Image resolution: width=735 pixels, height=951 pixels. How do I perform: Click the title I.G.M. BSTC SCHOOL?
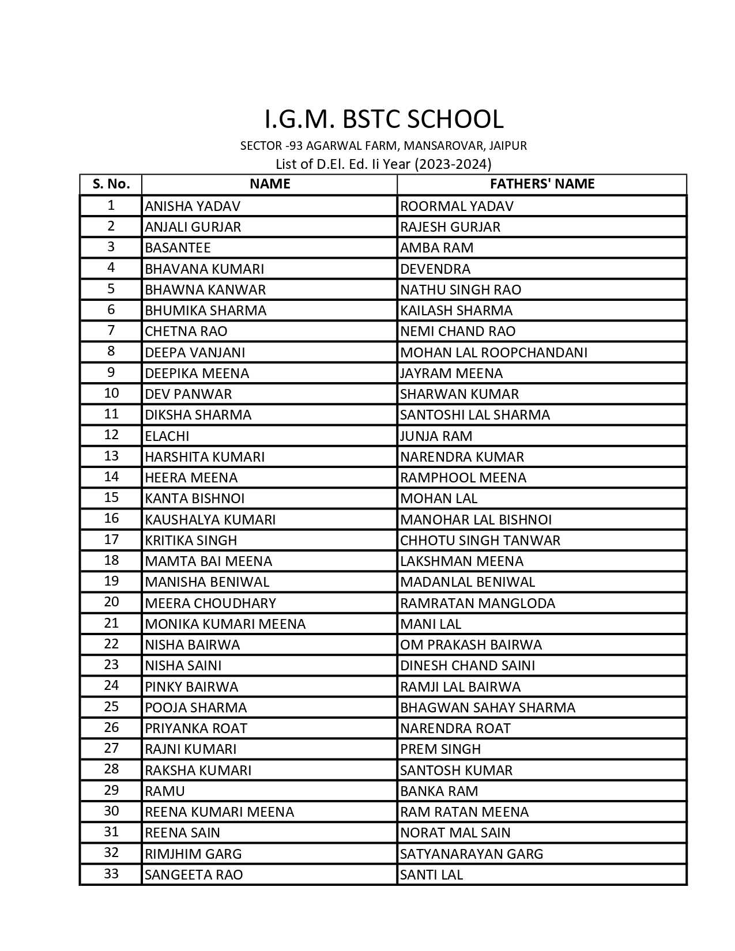383,119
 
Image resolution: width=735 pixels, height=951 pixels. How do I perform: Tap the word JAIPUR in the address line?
508,146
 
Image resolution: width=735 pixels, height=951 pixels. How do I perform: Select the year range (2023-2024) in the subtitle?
453,164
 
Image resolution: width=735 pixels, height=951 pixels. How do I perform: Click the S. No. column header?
111,184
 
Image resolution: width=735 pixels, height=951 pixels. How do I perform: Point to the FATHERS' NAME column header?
542,184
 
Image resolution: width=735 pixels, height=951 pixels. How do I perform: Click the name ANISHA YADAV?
193,206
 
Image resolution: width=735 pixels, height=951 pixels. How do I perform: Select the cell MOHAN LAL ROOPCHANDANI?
493,352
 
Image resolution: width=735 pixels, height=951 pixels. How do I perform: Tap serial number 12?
111,435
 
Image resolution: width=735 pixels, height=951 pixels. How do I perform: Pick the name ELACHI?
167,436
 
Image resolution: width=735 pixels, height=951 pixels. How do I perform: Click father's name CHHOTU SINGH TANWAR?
480,541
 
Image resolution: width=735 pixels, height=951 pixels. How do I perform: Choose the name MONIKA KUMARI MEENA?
225,624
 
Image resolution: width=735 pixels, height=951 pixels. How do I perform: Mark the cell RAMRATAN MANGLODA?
477,603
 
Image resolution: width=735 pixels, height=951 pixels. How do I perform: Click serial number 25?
111,707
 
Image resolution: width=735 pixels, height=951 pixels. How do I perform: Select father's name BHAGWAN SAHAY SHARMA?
488,708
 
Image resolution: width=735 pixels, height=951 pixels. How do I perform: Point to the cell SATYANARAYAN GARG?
472,854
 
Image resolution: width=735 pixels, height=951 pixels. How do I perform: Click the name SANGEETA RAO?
194,875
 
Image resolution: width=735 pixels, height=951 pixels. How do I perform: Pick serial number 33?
111,874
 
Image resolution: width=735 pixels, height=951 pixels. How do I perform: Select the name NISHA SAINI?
183,666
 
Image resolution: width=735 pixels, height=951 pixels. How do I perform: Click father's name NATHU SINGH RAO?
461,290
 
